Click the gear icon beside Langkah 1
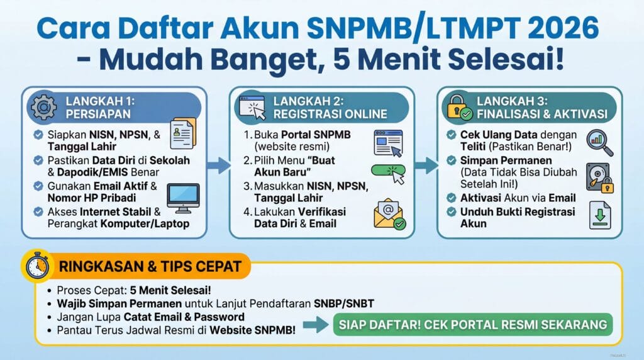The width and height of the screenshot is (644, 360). (x=44, y=107)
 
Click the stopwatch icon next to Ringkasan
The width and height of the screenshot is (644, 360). (x=37, y=266)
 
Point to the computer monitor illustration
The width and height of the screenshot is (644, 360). (x=183, y=198)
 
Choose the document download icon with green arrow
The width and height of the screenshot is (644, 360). (x=600, y=215)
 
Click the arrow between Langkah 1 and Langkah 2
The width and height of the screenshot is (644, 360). (x=218, y=165)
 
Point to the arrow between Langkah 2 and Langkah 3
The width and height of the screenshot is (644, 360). (x=426, y=165)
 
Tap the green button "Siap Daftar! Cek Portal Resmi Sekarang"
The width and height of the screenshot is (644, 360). (x=473, y=324)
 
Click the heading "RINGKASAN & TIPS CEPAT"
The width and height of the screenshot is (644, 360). (x=150, y=266)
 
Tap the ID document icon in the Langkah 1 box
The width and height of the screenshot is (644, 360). (x=183, y=133)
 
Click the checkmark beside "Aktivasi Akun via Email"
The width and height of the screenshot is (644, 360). (x=452, y=198)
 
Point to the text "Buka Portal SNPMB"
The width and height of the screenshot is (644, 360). (x=303, y=135)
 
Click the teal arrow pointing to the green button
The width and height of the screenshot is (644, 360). (x=316, y=325)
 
